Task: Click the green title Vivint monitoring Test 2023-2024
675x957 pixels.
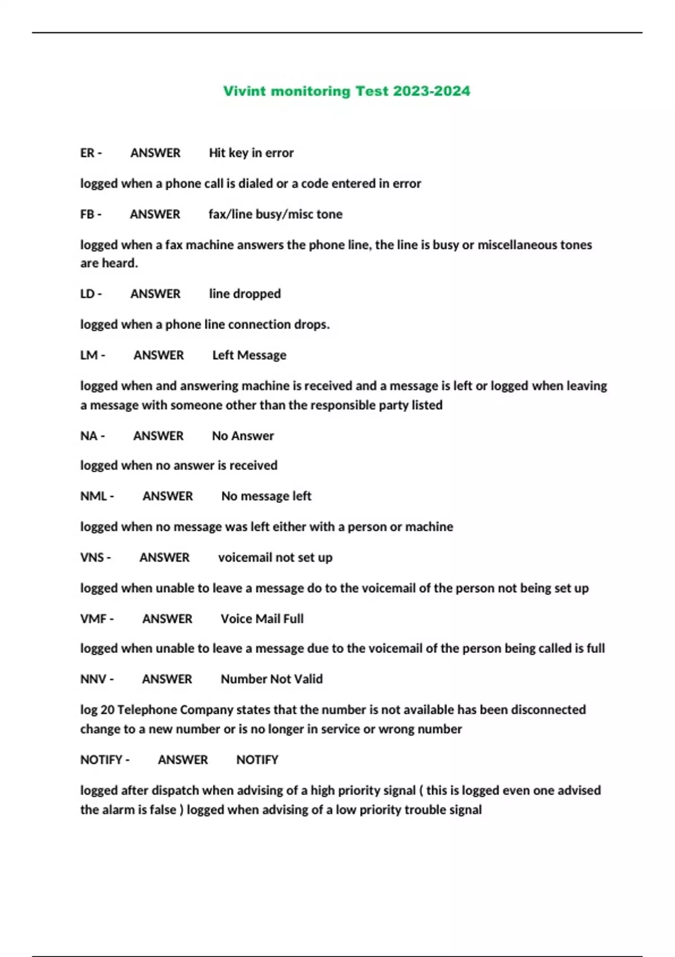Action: pyautogui.click(x=346, y=91)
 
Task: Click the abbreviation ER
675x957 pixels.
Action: pyautogui.click(x=87, y=153)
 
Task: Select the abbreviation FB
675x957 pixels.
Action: pyautogui.click(x=87, y=214)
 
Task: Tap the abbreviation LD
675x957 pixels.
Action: pyautogui.click(x=87, y=294)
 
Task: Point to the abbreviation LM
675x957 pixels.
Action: pyautogui.click(x=89, y=355)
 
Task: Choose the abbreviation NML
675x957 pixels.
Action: pyautogui.click(x=93, y=496)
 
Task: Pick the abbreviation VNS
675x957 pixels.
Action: pyautogui.click(x=92, y=557)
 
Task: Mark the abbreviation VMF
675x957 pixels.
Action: pyautogui.click(x=93, y=619)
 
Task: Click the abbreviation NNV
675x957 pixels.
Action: pyautogui.click(x=93, y=679)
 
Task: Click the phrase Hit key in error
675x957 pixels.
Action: pyautogui.click(x=251, y=153)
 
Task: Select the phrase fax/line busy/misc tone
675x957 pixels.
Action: pyautogui.click(x=275, y=214)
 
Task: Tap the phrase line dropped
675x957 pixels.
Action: pyautogui.click(x=245, y=294)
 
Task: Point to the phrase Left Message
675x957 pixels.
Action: pyautogui.click(x=249, y=355)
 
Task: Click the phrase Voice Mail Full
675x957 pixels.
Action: pyautogui.click(x=262, y=619)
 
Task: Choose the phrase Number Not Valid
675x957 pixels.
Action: pyautogui.click(x=272, y=679)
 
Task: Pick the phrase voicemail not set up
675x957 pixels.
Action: pyautogui.click(x=275, y=557)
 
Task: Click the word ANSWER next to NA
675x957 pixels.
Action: pyautogui.click(x=158, y=436)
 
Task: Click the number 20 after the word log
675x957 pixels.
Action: pyautogui.click(x=107, y=710)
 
